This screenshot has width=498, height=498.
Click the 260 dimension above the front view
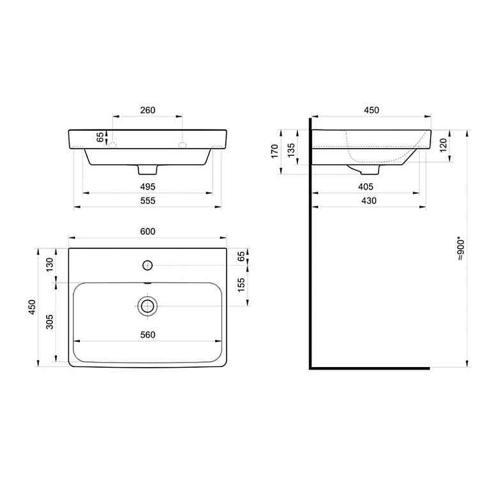coord(147,110)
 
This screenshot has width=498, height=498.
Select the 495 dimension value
coord(147,186)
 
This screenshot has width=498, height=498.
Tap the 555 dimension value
coord(147,200)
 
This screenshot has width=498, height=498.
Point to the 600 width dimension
coord(147,232)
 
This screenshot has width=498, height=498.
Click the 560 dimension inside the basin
coord(147,335)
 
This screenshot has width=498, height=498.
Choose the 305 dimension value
coord(50,322)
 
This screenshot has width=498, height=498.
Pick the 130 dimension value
coord(50,264)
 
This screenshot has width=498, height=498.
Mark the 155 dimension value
coord(241,285)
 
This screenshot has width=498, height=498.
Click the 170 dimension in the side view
coord(275,151)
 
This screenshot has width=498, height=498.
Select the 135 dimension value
coord(291,150)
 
